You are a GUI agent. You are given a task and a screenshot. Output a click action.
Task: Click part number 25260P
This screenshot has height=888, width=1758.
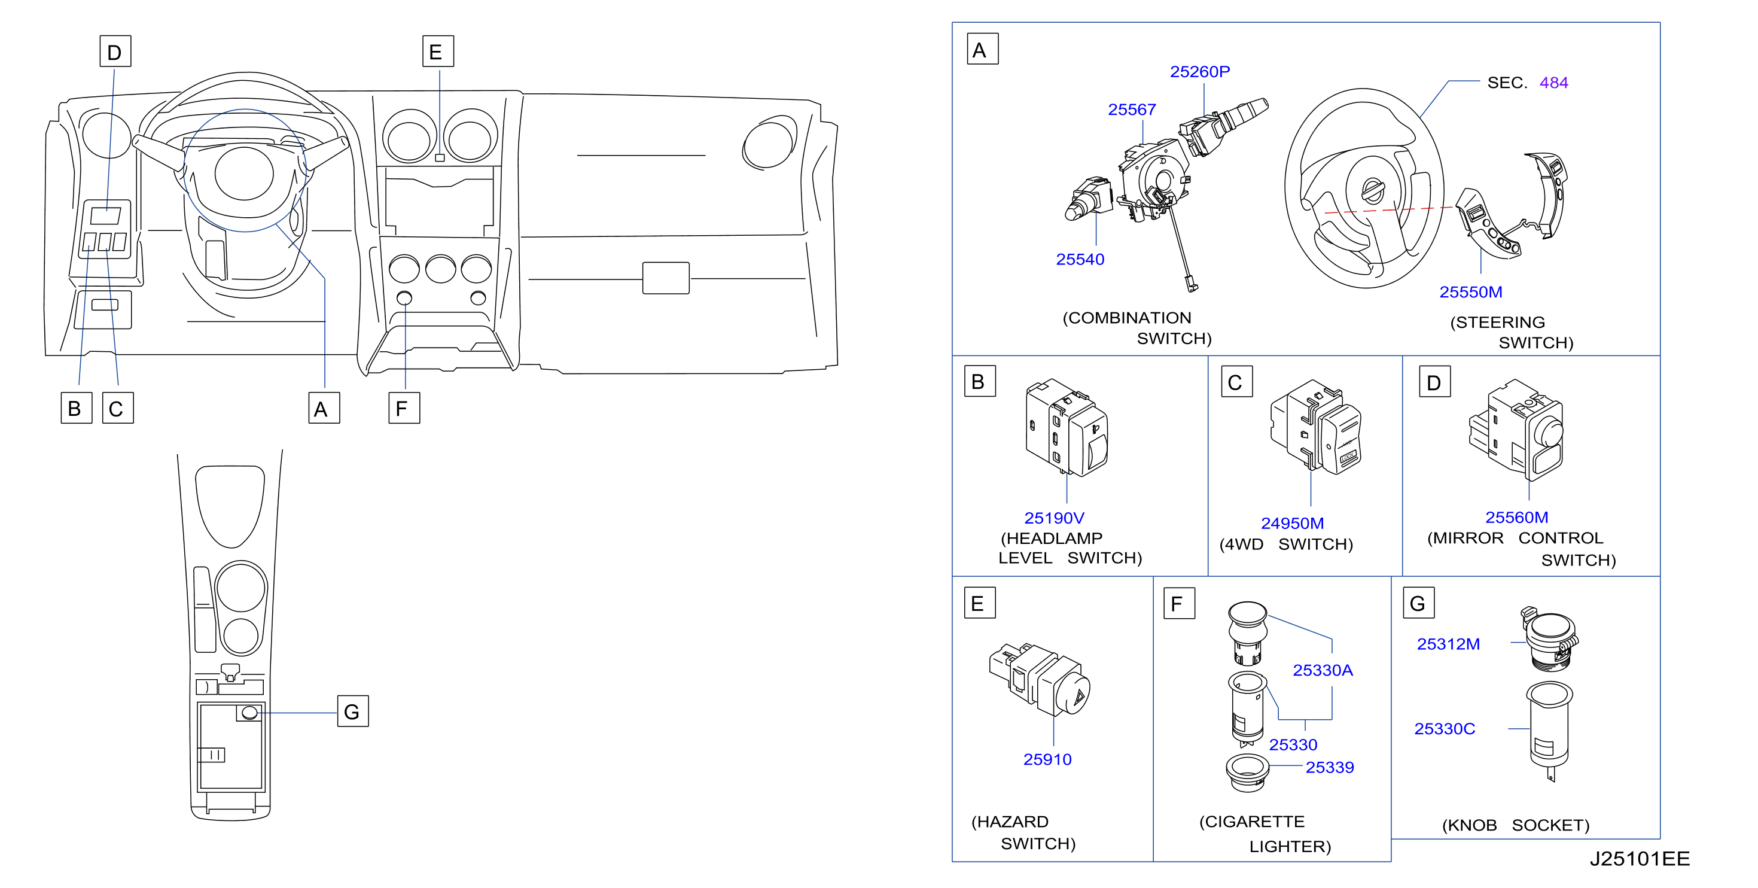coord(1200,72)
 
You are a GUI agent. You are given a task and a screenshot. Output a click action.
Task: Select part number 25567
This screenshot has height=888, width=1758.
coord(1132,110)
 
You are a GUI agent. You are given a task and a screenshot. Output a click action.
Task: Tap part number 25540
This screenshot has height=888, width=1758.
coord(1080,259)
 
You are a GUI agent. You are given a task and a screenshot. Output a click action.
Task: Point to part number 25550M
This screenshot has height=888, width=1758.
coord(1471,292)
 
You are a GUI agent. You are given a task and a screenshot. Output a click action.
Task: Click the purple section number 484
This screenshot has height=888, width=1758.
coord(1553,83)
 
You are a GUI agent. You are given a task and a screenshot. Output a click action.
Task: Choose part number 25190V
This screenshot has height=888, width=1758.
coord(1054,518)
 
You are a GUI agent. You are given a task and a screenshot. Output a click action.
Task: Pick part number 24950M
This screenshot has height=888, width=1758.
coord(1292,524)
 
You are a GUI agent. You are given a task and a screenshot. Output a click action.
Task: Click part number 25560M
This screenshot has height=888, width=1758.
coord(1516,518)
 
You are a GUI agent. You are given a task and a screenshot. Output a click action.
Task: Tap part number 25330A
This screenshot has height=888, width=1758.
coord(1323,670)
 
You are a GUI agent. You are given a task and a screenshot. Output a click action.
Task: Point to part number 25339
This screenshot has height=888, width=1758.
coord(1330,767)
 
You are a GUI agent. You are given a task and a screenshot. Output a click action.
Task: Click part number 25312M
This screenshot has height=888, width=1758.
coord(1448,644)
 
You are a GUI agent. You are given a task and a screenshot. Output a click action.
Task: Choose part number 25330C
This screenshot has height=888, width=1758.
coord(1444,729)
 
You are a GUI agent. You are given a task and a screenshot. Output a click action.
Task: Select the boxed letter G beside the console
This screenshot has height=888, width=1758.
coord(353,711)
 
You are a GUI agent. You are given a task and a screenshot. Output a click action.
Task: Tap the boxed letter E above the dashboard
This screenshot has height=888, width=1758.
coord(437,51)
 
